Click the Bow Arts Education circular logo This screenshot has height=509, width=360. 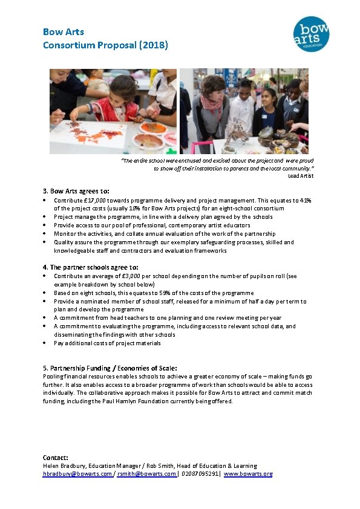pos(311,34)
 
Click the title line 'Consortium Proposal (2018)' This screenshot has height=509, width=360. pos(105,45)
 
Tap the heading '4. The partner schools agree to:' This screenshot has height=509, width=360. pos(91,267)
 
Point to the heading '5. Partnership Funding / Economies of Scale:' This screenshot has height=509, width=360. pos(110,368)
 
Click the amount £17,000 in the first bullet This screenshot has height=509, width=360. pos(95,200)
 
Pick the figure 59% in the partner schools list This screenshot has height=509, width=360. pos(164,293)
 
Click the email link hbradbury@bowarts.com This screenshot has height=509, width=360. pos(77,474)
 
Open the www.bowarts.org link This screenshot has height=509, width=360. pos(248,474)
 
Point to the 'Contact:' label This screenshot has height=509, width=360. pos(56,458)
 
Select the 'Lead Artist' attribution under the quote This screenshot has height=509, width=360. pos(301,175)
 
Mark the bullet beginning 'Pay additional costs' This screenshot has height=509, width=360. pos(107,343)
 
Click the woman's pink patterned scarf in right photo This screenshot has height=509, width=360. pos(211,101)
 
